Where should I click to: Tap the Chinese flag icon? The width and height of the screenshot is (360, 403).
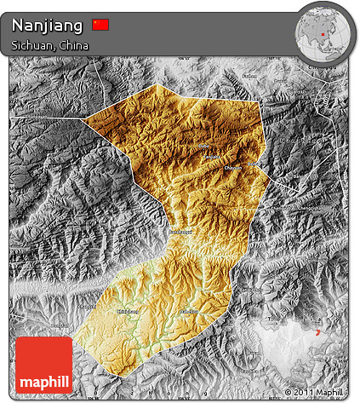coord(101,25)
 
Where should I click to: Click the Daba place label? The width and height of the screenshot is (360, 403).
coord(203,147)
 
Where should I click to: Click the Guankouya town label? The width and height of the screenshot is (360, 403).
coord(179,232)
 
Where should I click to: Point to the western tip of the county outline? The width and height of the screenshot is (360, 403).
coord(83,118)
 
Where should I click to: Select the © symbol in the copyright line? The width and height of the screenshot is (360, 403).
coord(289,392)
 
